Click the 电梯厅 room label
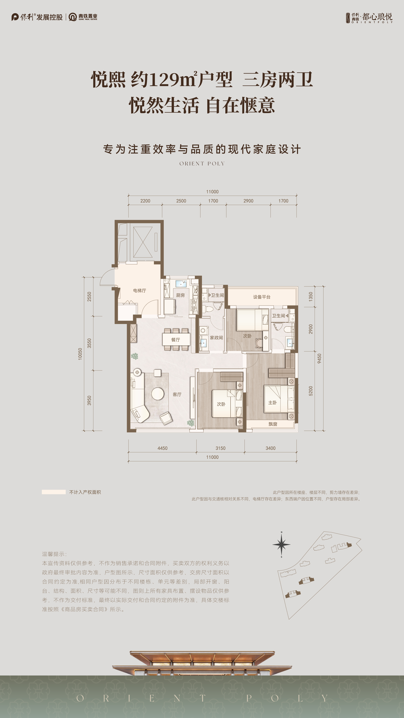(139, 290)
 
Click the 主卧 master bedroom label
(272, 402)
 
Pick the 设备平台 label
(262, 297)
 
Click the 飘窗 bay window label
(273, 424)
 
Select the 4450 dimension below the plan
(162, 448)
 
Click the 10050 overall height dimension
(80, 354)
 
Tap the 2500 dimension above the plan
(181, 201)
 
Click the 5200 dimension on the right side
(311, 391)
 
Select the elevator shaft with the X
(143, 242)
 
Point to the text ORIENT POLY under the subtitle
(202, 164)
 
